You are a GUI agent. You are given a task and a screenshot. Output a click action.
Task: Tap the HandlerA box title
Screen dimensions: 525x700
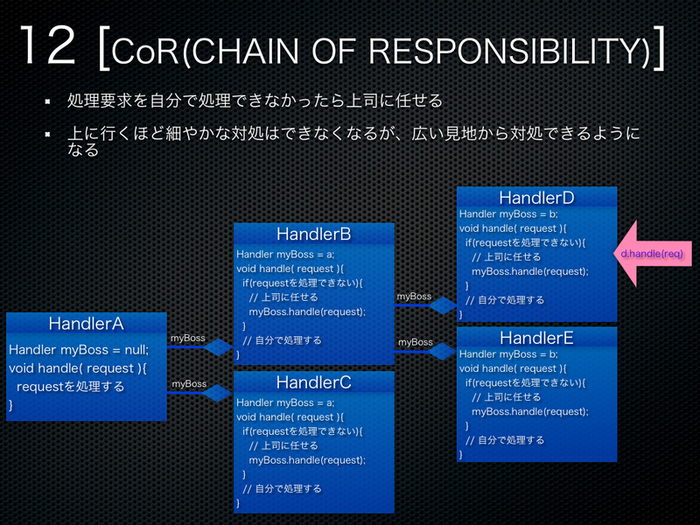tap(86, 324)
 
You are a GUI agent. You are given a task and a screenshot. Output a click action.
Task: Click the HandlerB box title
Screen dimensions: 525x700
tap(313, 234)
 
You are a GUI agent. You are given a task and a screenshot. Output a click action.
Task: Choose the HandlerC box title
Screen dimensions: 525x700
tap(313, 382)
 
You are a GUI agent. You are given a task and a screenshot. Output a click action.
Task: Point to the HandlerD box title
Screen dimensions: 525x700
tap(536, 198)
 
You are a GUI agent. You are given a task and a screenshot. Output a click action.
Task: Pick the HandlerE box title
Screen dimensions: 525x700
tap(536, 338)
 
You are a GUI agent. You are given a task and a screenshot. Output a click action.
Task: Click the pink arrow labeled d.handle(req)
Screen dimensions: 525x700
tap(651, 254)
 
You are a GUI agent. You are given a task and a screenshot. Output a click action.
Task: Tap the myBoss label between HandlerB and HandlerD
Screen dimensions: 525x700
tap(414, 297)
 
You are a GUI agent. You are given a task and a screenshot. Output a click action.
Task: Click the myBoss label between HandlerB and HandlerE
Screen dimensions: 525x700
tap(415, 342)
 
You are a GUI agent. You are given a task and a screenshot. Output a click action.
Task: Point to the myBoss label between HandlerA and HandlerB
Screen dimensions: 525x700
tap(188, 338)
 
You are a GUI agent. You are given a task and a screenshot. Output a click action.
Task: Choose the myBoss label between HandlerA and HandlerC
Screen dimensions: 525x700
tap(189, 383)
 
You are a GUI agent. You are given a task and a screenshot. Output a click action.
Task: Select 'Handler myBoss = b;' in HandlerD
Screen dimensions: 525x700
tap(508, 214)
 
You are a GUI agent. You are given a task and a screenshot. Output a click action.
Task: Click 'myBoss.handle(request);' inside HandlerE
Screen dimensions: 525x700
tap(529, 411)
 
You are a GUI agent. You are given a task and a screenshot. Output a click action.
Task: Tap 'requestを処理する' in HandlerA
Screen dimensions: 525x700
tap(71, 386)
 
